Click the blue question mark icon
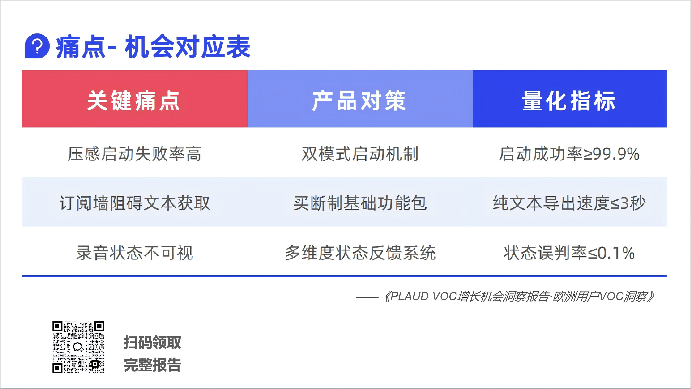(x=37, y=46)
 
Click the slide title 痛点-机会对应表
(x=153, y=46)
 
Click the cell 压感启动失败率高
(x=134, y=154)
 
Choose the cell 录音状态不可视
(x=134, y=253)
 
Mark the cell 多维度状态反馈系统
(x=360, y=253)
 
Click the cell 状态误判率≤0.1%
(x=569, y=253)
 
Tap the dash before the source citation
(x=367, y=297)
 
